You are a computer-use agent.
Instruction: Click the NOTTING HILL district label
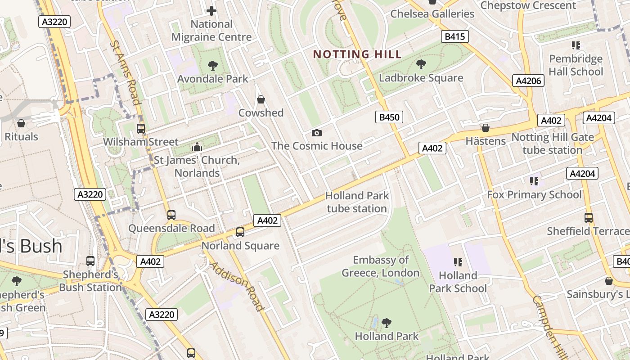pyautogui.click(x=357, y=54)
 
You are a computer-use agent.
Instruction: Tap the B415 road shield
pyautogui.click(x=454, y=36)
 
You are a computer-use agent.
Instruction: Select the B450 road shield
pyautogui.click(x=389, y=117)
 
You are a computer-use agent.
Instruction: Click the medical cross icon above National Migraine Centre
pyautogui.click(x=211, y=10)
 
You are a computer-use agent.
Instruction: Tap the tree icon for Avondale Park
pyautogui.click(x=212, y=66)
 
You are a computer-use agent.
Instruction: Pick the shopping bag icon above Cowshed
pyautogui.click(x=261, y=99)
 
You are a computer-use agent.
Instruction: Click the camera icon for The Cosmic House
pyautogui.click(x=316, y=133)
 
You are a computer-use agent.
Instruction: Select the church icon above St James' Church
pyautogui.click(x=197, y=147)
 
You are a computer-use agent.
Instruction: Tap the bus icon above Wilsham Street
pyautogui.click(x=141, y=129)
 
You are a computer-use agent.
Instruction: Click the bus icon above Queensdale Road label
pyautogui.click(x=171, y=215)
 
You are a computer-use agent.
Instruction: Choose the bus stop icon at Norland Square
pyautogui.click(x=240, y=232)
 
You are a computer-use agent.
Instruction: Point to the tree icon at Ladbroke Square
pyautogui.click(x=421, y=64)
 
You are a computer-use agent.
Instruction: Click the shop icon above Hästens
pyautogui.click(x=485, y=128)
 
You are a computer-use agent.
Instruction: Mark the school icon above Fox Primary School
pyautogui.click(x=534, y=181)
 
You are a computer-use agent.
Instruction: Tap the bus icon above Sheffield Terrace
pyautogui.click(x=588, y=218)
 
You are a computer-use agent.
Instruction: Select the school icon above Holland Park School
pyautogui.click(x=458, y=262)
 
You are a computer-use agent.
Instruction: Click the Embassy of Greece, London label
pyautogui.click(x=381, y=266)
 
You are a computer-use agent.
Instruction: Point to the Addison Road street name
pyautogui.click(x=237, y=287)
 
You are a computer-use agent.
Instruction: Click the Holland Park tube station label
pyautogui.click(x=357, y=202)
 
